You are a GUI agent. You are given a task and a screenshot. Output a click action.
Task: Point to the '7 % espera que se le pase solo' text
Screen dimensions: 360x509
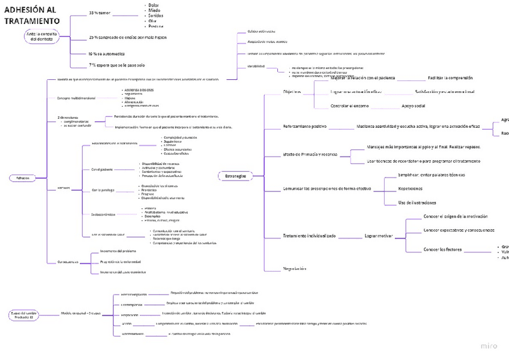pyautogui.click(x=117, y=65)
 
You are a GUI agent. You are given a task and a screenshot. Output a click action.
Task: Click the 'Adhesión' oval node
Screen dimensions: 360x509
pyautogui.click(x=23, y=178)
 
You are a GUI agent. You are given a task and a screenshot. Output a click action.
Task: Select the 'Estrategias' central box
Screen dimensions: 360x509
pyautogui.click(x=235, y=176)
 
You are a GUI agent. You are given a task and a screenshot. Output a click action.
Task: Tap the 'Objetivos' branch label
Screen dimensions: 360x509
pyautogui.click(x=292, y=92)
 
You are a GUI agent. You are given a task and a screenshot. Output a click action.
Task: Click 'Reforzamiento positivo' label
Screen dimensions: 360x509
pyautogui.click(x=305, y=127)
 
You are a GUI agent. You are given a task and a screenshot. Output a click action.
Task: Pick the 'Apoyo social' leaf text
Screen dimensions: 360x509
pyautogui.click(x=414, y=106)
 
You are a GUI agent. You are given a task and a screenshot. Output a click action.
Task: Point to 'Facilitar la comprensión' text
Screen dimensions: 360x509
pyautogui.click(x=450, y=78)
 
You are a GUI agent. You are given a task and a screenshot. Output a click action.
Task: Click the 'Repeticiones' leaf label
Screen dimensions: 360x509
pyautogui.click(x=410, y=188)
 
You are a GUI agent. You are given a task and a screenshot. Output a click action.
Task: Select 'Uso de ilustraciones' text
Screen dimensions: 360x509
pyautogui.click(x=417, y=203)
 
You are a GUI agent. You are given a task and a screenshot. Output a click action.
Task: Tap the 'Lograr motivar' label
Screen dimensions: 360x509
pyautogui.click(x=379, y=236)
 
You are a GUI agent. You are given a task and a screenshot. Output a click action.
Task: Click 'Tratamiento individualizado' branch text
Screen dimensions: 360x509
pyautogui.click(x=310, y=236)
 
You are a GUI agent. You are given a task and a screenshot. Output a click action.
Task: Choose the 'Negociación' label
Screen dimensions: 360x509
pyautogui.click(x=295, y=268)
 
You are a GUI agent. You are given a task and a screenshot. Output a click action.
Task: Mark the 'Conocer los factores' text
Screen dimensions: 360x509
pyautogui.click(x=442, y=249)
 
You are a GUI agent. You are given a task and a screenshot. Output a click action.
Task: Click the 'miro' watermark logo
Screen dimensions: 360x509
pyautogui.click(x=489, y=346)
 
